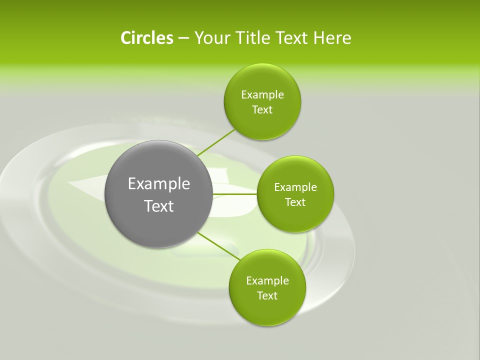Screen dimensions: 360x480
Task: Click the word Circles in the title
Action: pos(146,38)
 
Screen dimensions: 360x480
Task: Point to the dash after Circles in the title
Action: pos(183,38)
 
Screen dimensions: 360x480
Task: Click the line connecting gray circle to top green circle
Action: pos(216,142)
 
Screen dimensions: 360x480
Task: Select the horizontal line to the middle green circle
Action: pos(235,193)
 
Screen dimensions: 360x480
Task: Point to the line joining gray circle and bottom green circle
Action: pos(219,246)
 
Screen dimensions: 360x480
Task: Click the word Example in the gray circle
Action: pos(159,184)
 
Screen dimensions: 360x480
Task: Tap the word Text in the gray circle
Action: pos(159,206)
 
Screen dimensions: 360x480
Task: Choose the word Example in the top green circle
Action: pos(262,95)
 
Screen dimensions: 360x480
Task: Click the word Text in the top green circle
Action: pos(262,110)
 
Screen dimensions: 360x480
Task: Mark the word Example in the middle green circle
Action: pos(295,187)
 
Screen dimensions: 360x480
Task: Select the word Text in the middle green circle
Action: pos(295,202)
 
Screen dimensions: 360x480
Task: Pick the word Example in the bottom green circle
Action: pos(267,281)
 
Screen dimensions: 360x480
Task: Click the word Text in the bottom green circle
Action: pos(267,296)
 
